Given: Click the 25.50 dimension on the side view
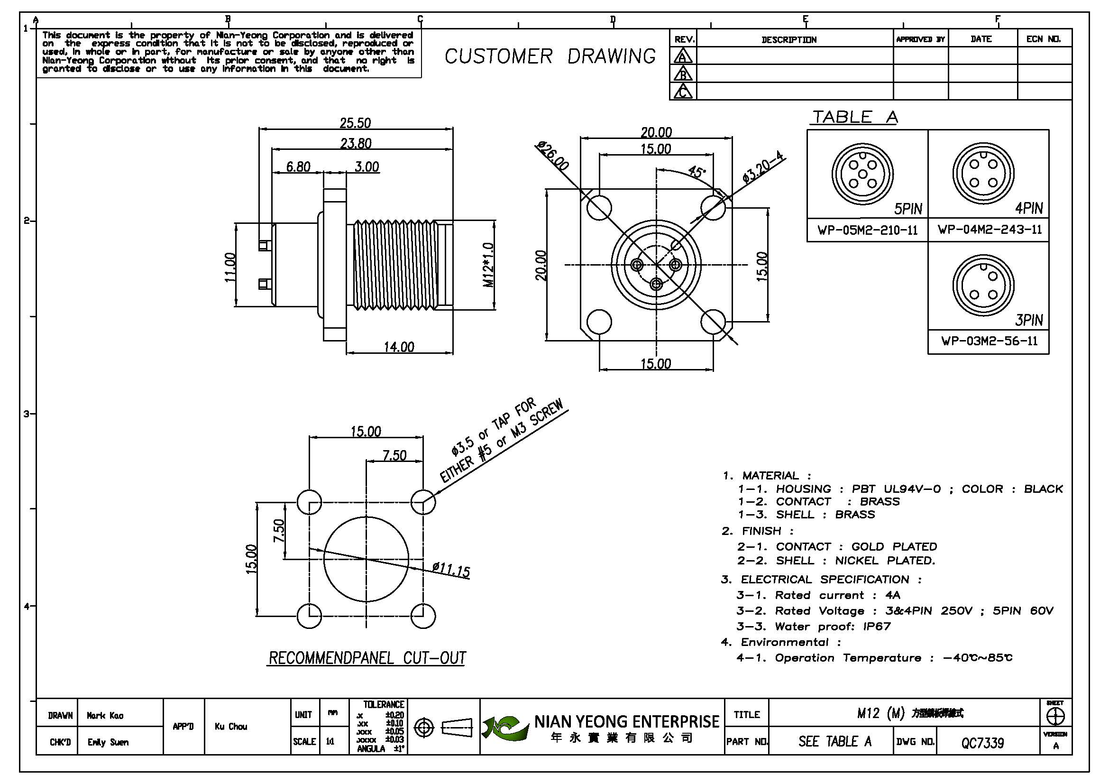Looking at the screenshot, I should click(x=355, y=123).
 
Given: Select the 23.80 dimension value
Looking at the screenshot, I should click(x=356, y=143).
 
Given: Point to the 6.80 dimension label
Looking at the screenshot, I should click(x=298, y=166).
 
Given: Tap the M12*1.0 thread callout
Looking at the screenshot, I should click(x=489, y=265).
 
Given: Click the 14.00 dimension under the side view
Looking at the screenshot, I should click(x=399, y=347).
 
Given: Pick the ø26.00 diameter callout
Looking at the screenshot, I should click(x=553, y=156).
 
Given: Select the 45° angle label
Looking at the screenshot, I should click(x=696, y=172).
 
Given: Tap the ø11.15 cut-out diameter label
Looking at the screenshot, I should click(x=451, y=570).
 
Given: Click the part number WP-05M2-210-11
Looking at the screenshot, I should click(x=868, y=230).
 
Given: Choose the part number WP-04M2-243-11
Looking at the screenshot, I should click(x=990, y=230).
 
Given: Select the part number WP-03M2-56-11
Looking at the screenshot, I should click(x=989, y=341).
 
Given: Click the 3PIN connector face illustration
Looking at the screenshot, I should click(x=983, y=286).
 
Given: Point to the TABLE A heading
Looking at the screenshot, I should click(x=854, y=117).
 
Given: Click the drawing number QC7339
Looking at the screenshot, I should click(x=982, y=742).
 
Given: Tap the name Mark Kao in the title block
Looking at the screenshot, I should click(x=105, y=715).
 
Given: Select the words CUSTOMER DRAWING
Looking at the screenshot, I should click(x=550, y=56).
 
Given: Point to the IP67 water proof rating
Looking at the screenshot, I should click(x=877, y=627).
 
